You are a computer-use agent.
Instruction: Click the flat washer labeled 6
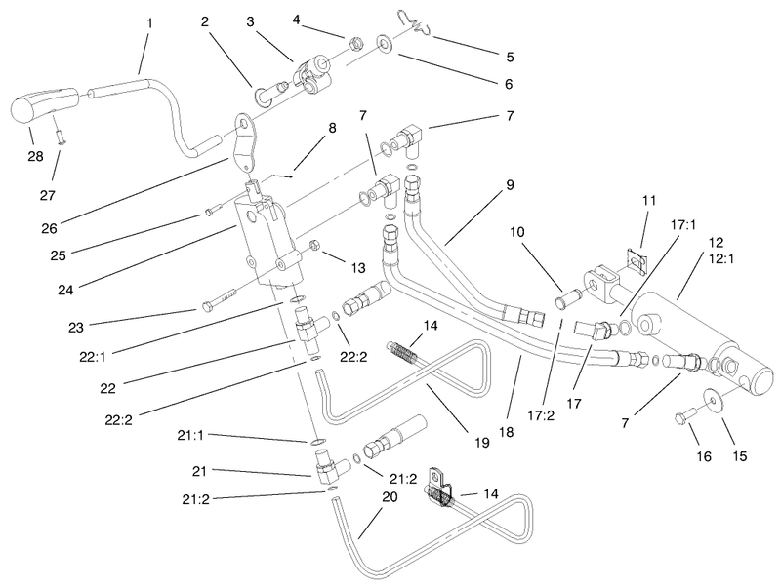click(385, 44)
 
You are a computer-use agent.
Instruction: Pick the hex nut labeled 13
click(314, 244)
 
